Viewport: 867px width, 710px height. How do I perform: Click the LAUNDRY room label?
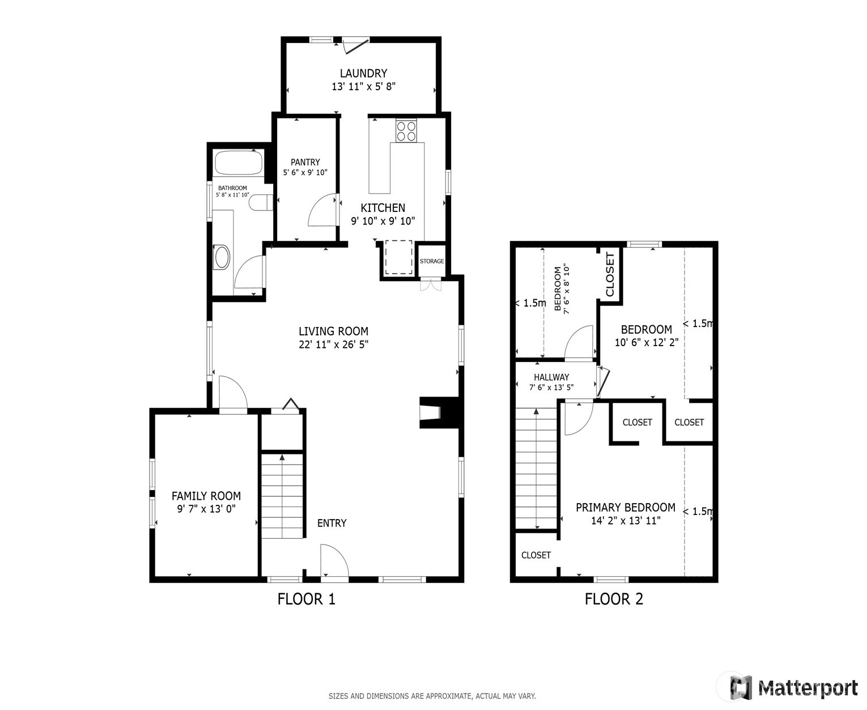tap(363, 73)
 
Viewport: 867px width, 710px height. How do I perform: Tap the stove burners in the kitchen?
tap(406, 131)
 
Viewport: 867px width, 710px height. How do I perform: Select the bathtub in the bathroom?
tap(239, 163)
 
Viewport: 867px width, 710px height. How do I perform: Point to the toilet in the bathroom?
tap(261, 203)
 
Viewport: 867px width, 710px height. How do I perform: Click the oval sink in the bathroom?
tap(222, 257)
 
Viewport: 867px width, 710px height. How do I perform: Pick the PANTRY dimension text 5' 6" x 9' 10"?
tap(305, 172)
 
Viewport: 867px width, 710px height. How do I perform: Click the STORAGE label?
tap(432, 261)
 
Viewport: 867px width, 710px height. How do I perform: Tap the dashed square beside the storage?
tap(398, 257)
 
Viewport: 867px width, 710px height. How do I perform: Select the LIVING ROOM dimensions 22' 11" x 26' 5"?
tap(333, 344)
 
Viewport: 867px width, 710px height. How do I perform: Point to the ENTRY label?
tap(331, 523)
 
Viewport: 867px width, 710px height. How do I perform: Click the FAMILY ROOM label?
tap(206, 496)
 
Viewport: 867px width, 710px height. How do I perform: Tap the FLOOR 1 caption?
tap(306, 599)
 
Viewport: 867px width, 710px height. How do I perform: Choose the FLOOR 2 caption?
tap(614, 599)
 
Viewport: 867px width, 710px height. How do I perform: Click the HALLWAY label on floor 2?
tap(551, 377)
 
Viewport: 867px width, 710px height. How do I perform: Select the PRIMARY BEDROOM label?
tap(625, 508)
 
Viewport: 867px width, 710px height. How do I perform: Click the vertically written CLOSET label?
tap(610, 274)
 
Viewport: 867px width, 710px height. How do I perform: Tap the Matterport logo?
tap(794, 687)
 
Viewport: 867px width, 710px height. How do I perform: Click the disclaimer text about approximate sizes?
tap(432, 696)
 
